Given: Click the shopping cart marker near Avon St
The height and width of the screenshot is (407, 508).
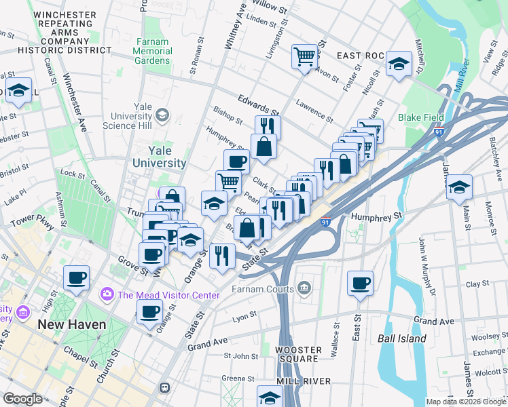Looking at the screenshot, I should click(305, 56).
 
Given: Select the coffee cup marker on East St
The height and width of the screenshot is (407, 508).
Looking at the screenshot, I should click(360, 282).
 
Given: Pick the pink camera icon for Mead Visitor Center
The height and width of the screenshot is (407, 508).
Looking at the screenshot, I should click(107, 295).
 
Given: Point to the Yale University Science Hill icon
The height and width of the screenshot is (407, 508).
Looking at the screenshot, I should click(162, 116).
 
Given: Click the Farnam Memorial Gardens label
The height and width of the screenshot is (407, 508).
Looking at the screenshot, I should click(152, 51).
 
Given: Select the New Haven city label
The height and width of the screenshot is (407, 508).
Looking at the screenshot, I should click(72, 324).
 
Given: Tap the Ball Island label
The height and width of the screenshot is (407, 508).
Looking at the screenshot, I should click(402, 338).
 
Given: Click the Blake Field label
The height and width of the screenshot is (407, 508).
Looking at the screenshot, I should click(421, 117).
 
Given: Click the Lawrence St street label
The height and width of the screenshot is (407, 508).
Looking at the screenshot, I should click(314, 111).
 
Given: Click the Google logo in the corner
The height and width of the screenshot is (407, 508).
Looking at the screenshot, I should click(22, 399).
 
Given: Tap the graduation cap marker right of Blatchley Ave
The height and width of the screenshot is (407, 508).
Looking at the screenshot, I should click(460, 187).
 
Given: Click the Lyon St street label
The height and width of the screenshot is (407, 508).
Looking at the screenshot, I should click(244, 315).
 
